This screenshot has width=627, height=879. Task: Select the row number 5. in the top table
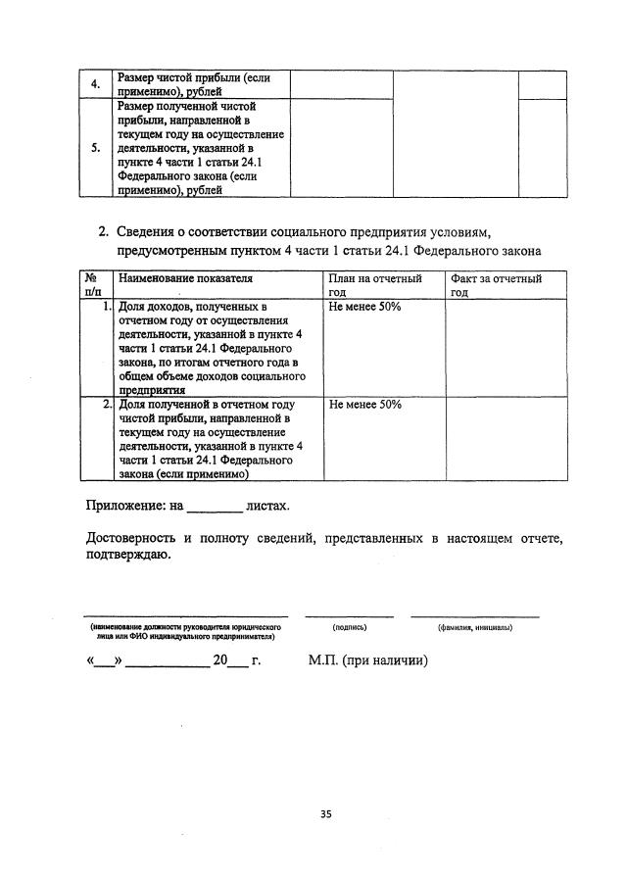[x=95, y=149]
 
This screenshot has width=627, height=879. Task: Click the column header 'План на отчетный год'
[x=375, y=285]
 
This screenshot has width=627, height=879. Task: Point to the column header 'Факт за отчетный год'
[x=496, y=285]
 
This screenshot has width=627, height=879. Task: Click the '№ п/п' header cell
[x=97, y=285]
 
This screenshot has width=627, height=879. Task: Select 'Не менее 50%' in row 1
[x=365, y=307]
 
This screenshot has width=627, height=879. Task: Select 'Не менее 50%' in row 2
[x=365, y=404]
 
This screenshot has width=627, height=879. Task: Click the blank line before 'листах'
[x=213, y=508]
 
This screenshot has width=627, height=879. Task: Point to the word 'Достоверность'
[x=132, y=539]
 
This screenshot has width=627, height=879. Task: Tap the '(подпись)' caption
[x=350, y=626]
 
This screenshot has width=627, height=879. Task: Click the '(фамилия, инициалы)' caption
[x=475, y=626]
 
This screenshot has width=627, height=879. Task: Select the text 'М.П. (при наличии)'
[x=367, y=660]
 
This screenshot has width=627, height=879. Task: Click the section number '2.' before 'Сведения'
[x=103, y=232]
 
